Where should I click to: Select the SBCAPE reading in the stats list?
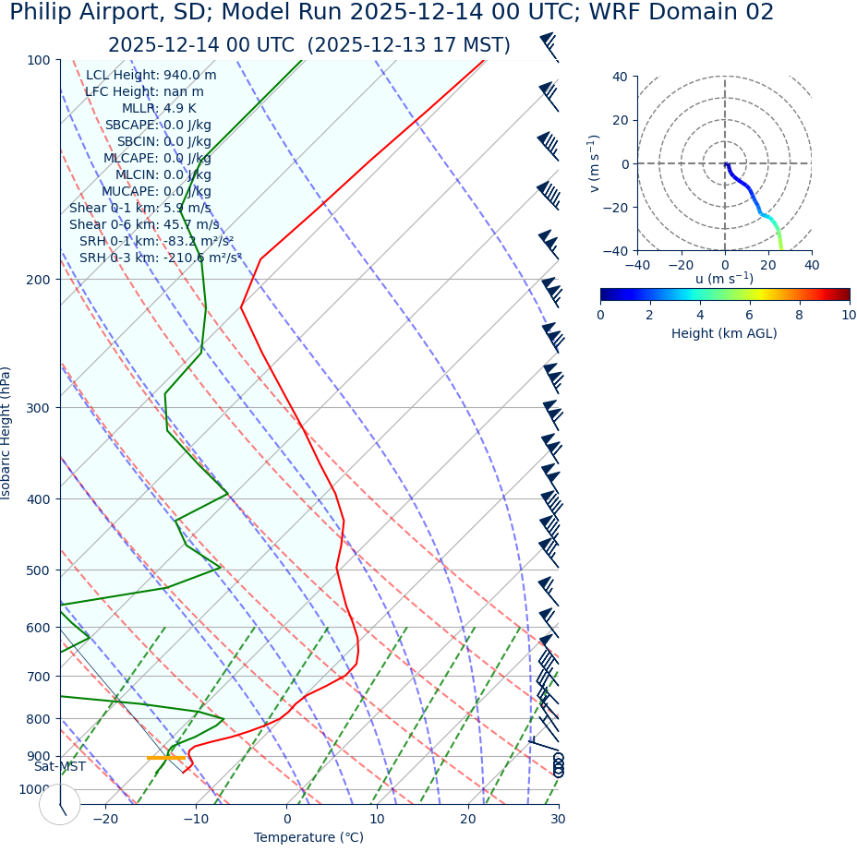coord(158,126)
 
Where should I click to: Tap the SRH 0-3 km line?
coord(161,258)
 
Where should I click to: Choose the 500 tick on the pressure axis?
coord(38,570)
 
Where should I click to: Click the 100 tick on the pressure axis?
coord(38,60)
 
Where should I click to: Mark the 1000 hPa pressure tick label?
coord(34,789)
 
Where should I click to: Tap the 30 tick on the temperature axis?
coord(558,820)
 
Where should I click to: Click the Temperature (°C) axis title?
coord(308,838)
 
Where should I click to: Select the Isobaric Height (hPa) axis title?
coord(6,433)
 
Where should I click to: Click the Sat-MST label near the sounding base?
coord(60,767)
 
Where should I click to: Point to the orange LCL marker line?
coord(166,758)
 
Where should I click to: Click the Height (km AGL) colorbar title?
coord(724,333)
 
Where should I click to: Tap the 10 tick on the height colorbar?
coord(849,315)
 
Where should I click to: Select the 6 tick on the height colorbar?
coord(749,315)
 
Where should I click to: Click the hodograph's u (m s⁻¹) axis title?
coord(724,279)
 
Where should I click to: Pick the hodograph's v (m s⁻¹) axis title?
coord(594,163)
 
